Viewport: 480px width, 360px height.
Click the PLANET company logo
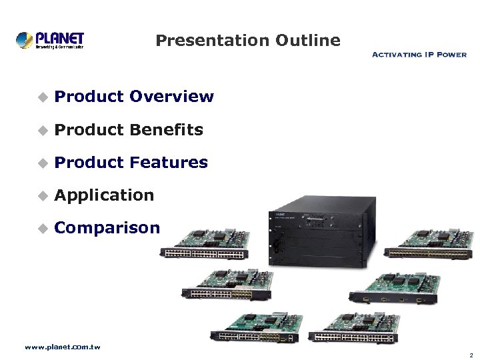pyautogui.click(x=50, y=39)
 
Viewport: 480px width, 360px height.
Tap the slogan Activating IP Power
pyautogui.click(x=419, y=55)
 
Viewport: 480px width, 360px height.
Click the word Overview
pyautogui.click(x=171, y=97)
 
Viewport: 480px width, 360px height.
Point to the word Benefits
pyautogui.click(x=166, y=130)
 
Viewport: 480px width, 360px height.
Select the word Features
pyautogui.click(x=169, y=163)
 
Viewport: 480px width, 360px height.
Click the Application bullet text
pyautogui.click(x=104, y=195)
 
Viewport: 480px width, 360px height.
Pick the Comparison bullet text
pyautogui.click(x=107, y=228)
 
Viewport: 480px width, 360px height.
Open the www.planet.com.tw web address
pyautogui.click(x=62, y=347)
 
